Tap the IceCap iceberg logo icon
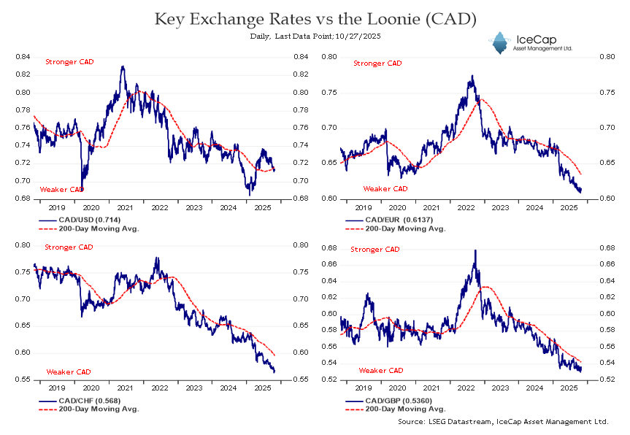point(500,42)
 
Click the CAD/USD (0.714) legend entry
point(80,220)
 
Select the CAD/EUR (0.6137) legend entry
point(389,220)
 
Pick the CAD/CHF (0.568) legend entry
point(80,401)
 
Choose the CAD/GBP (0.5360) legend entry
point(389,401)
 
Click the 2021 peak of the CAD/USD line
point(123,66)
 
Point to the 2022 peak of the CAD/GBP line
point(475,250)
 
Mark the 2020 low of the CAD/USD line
point(82,189)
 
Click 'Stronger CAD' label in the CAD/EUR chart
point(377,63)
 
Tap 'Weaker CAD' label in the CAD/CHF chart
point(69,372)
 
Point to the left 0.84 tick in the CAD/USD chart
point(23,57)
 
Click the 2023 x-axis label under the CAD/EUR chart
point(500,208)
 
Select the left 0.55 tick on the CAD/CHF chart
point(23,380)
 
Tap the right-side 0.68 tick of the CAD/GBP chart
point(607,248)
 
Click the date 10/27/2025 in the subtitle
point(358,36)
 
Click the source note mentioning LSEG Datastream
point(503,421)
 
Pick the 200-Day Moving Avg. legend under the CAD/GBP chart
point(395,409)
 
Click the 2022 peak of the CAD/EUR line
point(472,75)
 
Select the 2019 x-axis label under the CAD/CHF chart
point(57,388)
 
